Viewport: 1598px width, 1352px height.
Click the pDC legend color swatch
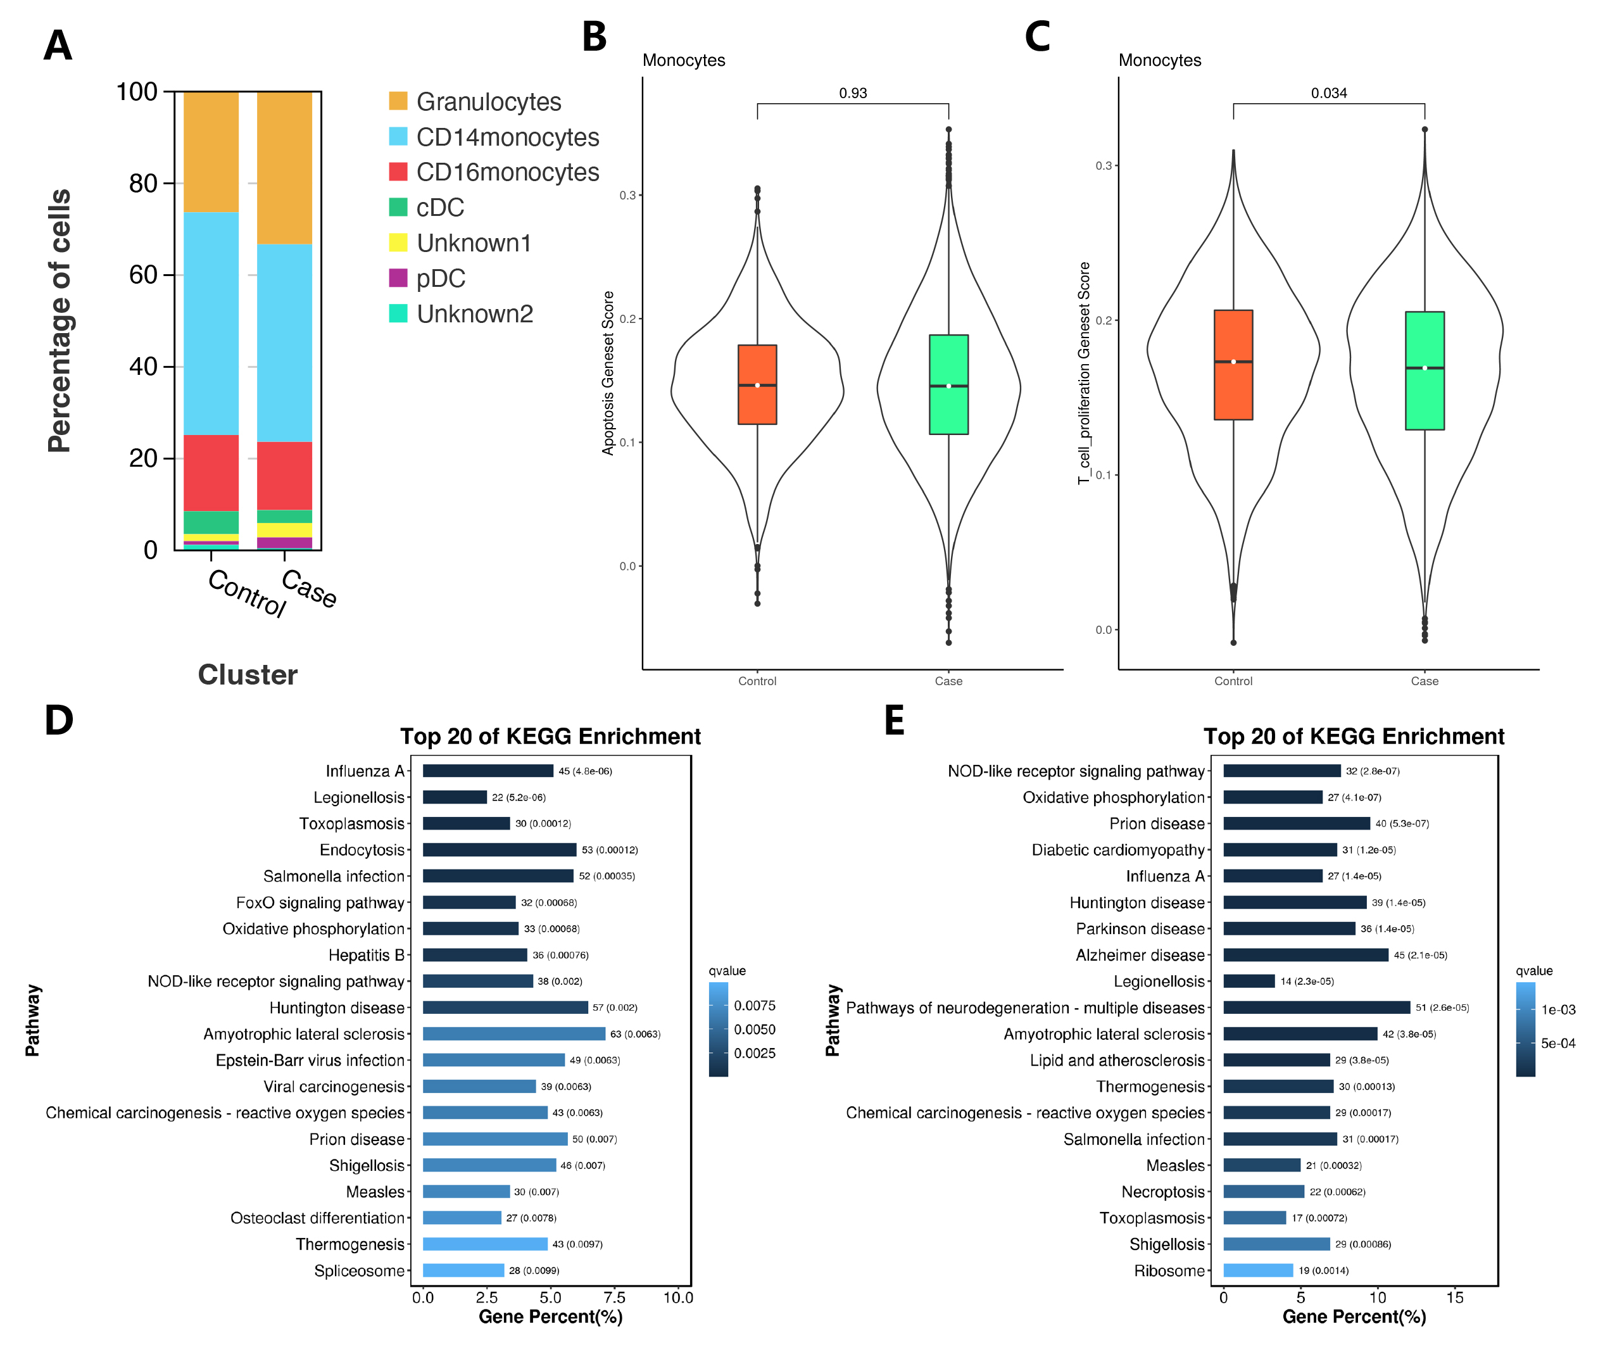[x=398, y=278]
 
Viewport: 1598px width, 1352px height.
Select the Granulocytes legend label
[x=488, y=102]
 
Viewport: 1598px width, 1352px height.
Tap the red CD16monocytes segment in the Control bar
[x=211, y=473]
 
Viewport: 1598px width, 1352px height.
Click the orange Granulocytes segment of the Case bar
[x=284, y=168]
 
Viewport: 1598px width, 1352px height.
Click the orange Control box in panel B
[x=757, y=385]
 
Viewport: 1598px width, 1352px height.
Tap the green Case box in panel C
[x=1424, y=371]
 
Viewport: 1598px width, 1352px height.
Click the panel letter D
[x=59, y=721]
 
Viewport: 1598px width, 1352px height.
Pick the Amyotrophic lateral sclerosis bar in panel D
[x=513, y=1034]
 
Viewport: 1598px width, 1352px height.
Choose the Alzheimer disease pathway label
[x=1140, y=955]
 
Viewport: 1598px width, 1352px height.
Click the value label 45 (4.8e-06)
[x=585, y=771]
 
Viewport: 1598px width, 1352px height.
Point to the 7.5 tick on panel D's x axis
[x=614, y=1298]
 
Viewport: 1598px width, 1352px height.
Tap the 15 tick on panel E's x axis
[x=1455, y=1298]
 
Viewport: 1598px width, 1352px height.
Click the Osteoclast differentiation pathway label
[x=317, y=1218]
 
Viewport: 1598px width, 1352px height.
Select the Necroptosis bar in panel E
[x=1263, y=1192]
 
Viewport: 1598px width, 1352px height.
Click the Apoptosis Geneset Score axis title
[x=608, y=373]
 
